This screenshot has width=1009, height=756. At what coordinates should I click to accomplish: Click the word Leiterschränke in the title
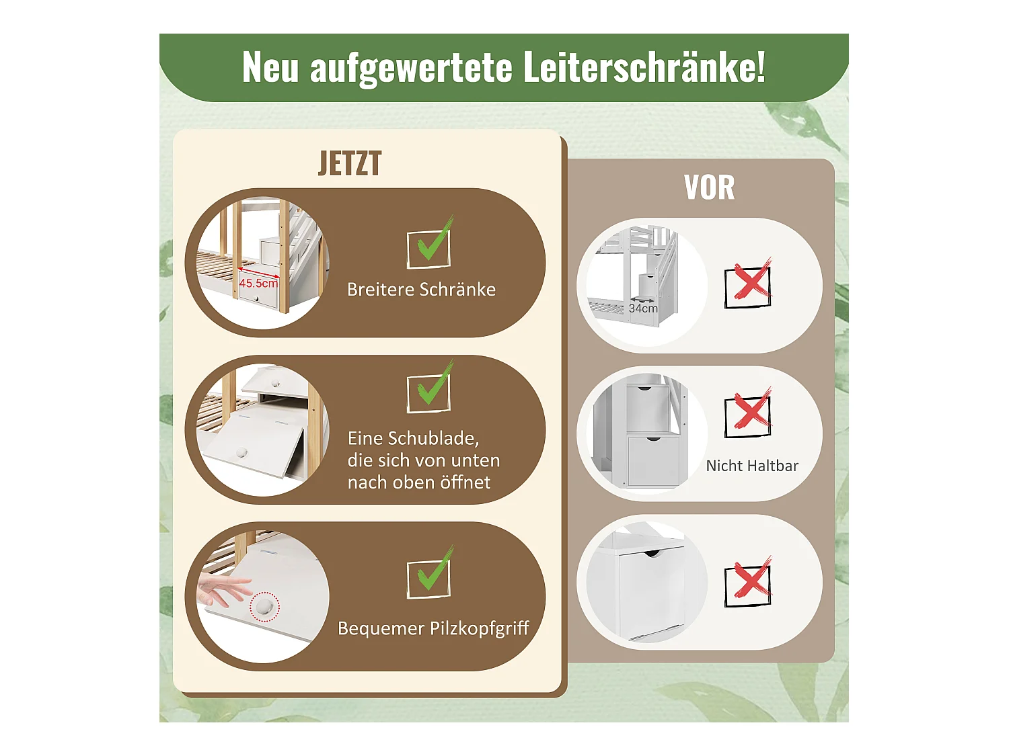(644, 67)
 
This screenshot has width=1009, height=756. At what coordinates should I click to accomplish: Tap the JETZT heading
(350, 163)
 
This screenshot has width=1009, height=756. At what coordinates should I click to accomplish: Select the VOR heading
(709, 187)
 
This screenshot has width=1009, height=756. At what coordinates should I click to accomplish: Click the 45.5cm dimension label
(258, 283)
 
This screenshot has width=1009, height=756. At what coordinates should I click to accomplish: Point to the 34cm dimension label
(643, 308)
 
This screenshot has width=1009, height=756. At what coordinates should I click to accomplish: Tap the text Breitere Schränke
(421, 290)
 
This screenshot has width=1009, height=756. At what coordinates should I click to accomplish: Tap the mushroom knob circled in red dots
(264, 607)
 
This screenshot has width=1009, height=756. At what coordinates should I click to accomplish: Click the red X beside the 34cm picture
(749, 284)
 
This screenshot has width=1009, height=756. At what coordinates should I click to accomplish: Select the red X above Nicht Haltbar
(749, 413)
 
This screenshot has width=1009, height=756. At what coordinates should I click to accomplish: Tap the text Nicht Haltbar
(752, 466)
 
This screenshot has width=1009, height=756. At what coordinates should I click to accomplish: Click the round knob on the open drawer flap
(241, 452)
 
